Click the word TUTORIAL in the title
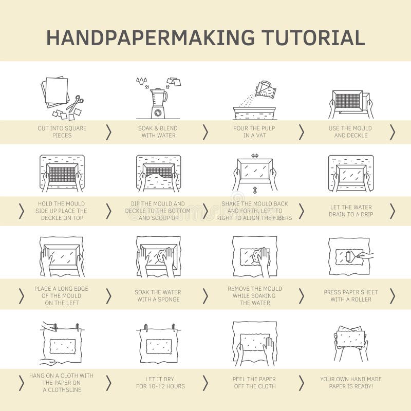[x=313, y=38]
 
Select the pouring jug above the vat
[x=265, y=90]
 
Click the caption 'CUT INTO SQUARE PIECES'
[x=62, y=132]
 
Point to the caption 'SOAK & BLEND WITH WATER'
[x=158, y=132]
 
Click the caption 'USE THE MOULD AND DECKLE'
[x=352, y=132]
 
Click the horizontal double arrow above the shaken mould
[x=255, y=155]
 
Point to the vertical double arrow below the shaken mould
[x=255, y=191]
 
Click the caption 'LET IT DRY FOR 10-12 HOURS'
[x=160, y=383]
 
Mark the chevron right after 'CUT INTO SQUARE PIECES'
[x=108, y=132]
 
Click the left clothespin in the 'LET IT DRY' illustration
[x=146, y=328]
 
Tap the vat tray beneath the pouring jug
[x=254, y=113]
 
